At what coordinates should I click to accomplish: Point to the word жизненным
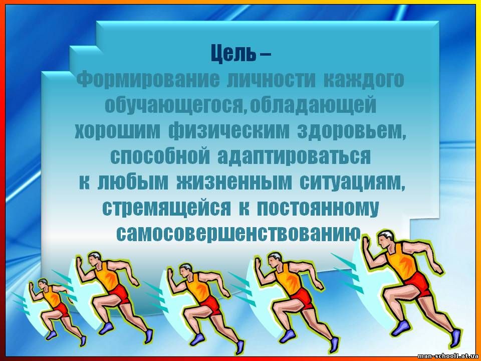[234, 183]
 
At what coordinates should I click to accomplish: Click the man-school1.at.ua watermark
[447, 356]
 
